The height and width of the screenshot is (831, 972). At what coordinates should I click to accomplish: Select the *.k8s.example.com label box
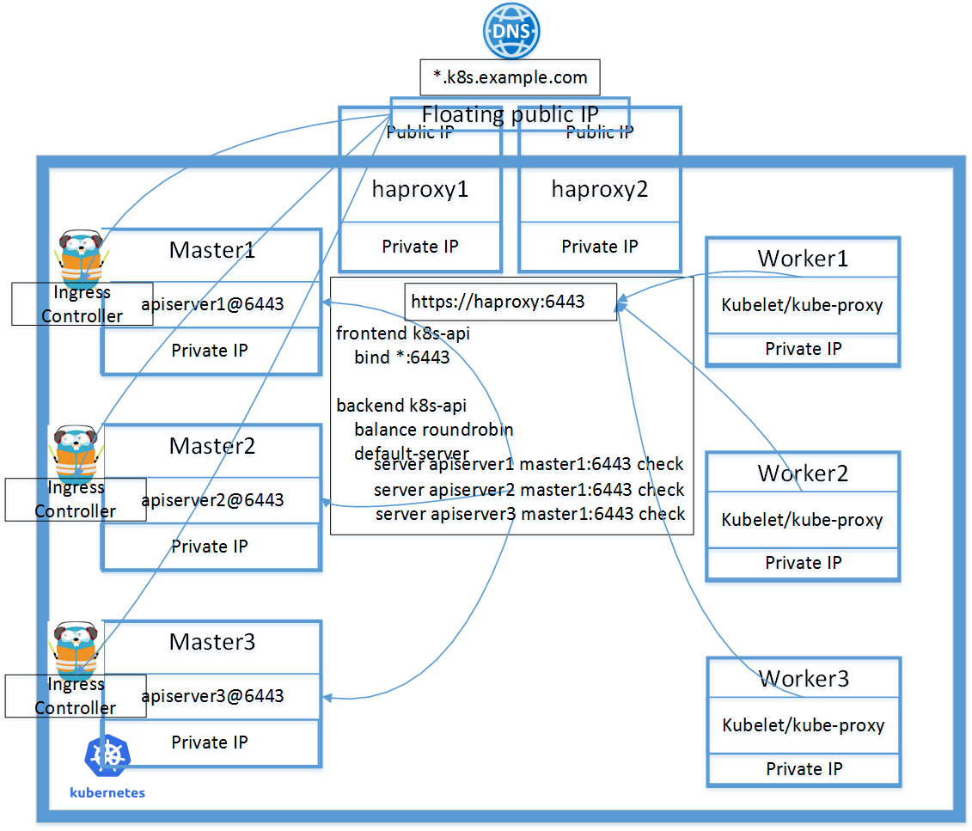pyautogui.click(x=510, y=77)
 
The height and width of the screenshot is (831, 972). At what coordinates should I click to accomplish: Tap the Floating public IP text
pyautogui.click(x=510, y=114)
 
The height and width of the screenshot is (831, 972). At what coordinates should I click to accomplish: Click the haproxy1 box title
pyautogui.click(x=420, y=189)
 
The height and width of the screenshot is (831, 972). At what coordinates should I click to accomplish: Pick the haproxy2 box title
pyautogui.click(x=600, y=189)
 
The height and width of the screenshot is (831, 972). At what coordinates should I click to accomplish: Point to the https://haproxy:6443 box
pyautogui.click(x=510, y=302)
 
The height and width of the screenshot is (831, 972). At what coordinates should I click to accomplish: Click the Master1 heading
pyautogui.click(x=212, y=250)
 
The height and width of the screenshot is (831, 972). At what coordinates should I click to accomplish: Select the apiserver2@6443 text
pyautogui.click(x=212, y=499)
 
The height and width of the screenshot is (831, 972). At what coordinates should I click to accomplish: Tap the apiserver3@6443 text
pyautogui.click(x=212, y=695)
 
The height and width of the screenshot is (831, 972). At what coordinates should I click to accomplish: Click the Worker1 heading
pyautogui.click(x=803, y=259)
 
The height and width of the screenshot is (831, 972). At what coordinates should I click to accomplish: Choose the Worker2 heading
pyautogui.click(x=803, y=474)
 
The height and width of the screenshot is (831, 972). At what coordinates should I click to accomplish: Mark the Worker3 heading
pyautogui.click(x=804, y=679)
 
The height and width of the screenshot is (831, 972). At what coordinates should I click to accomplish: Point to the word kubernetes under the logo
pyautogui.click(x=107, y=793)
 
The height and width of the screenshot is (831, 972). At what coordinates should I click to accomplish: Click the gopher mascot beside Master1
pyautogui.click(x=80, y=256)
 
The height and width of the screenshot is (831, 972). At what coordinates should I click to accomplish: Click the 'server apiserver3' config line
pyautogui.click(x=530, y=514)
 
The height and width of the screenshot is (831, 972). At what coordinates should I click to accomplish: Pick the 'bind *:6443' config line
pyautogui.click(x=401, y=357)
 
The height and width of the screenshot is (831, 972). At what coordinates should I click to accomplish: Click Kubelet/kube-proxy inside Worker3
pyautogui.click(x=804, y=725)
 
